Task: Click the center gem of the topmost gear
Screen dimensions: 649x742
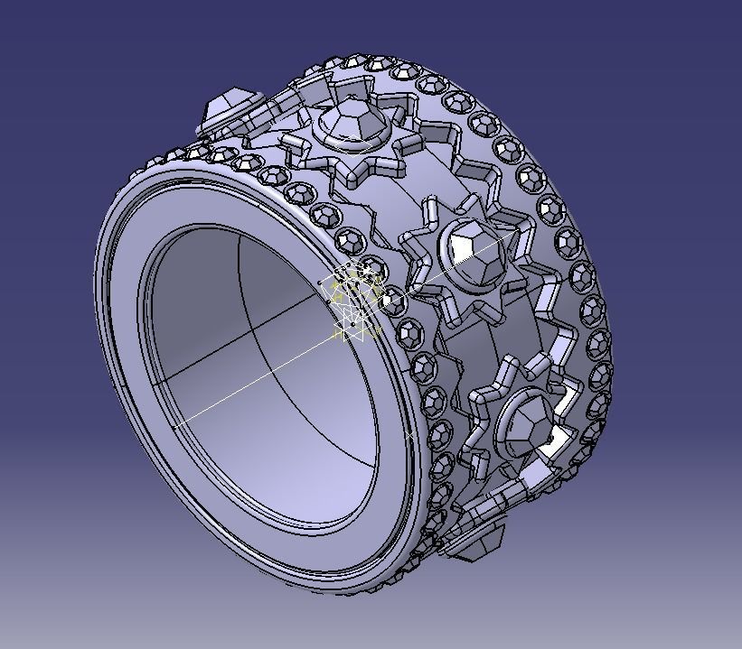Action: [349, 122]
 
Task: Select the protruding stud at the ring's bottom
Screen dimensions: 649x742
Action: [474, 542]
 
